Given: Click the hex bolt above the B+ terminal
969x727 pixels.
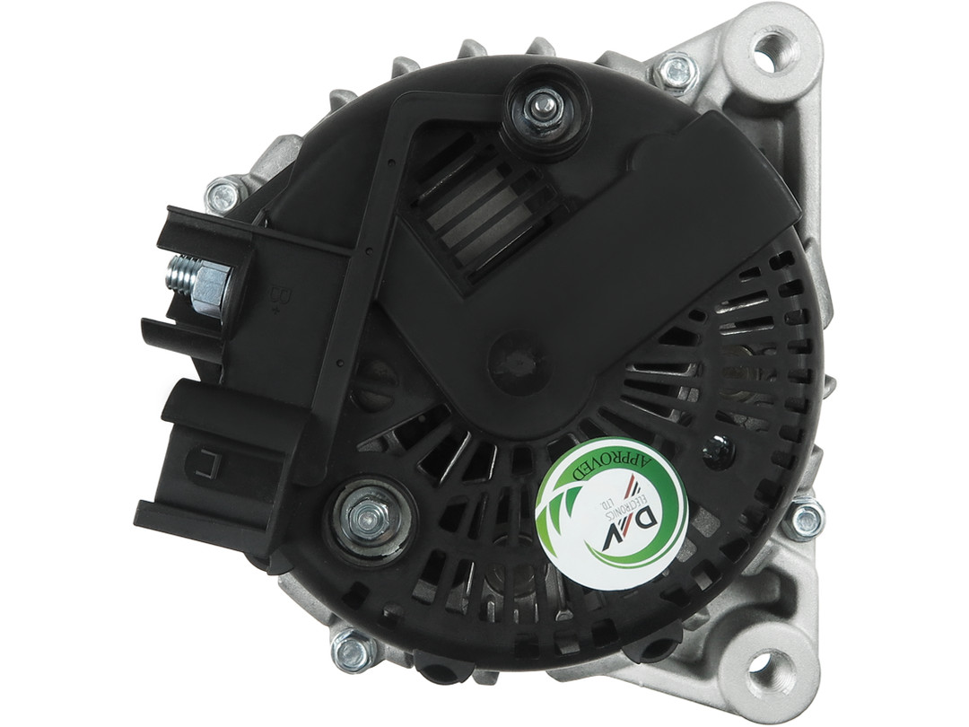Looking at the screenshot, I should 223,195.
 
